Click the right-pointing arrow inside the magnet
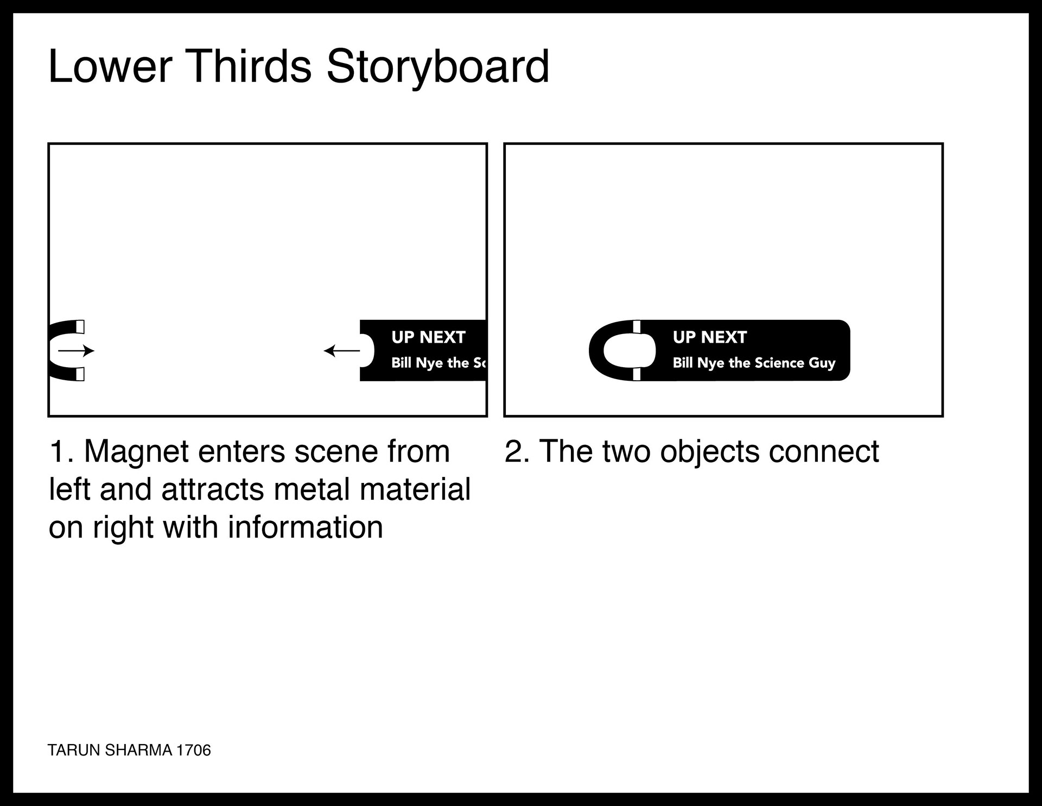(77, 351)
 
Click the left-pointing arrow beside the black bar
(342, 351)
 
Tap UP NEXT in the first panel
(428, 337)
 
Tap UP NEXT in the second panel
(710, 337)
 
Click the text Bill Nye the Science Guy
(754, 363)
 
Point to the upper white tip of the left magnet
(80, 326)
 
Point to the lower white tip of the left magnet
(80, 374)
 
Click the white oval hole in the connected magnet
(630, 350)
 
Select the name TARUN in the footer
(74, 750)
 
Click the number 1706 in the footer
(194, 750)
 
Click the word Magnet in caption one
(137, 452)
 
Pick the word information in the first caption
(306, 527)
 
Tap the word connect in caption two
(824, 452)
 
